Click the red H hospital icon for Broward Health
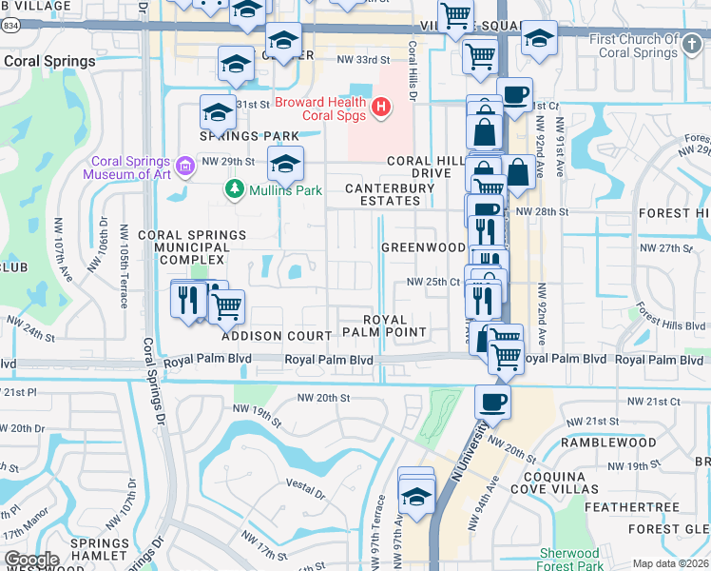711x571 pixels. coord(380,107)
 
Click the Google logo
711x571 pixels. coord(31,560)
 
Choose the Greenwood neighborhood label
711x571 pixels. coord(423,247)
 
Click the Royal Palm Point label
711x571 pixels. coord(396,325)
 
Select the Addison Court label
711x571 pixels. coord(277,336)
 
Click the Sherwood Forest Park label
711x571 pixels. coord(569,559)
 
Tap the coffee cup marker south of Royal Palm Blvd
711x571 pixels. coord(492,402)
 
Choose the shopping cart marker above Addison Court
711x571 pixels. coord(226,306)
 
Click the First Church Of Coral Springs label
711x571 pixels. coord(633,45)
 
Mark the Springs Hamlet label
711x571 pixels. coord(100,550)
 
